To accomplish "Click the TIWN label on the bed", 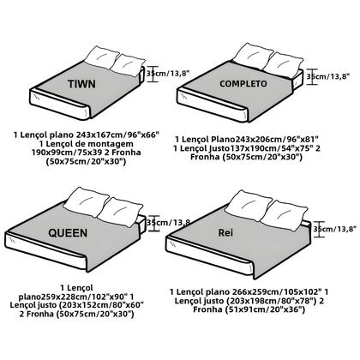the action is click(81, 84).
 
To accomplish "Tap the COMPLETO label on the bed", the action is click(243, 84).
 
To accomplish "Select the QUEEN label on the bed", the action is click(68, 233).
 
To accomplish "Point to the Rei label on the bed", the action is click(225, 232).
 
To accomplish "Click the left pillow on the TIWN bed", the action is click(102, 58).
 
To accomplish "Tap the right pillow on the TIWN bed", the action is click(128, 65).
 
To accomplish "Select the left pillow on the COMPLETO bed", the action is click(252, 56).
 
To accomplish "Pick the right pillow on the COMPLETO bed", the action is click(283, 65).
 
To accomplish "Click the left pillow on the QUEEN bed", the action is click(86, 202).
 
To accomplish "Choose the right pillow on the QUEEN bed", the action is click(120, 213).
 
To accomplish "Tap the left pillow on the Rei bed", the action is click(248, 206).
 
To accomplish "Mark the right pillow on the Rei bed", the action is click(285, 215).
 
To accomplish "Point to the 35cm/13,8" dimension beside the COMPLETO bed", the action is click(328, 76).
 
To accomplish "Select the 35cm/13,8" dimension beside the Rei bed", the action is click(335, 229).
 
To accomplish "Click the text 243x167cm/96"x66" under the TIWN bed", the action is click(117, 135).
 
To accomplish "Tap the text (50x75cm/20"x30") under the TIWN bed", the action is click(86, 161).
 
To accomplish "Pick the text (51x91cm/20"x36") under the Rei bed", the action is click(249, 309).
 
